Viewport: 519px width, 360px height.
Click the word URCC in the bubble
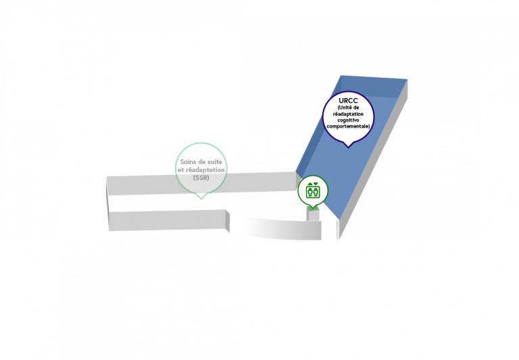[348, 101]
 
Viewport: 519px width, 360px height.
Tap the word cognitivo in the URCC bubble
[348, 120]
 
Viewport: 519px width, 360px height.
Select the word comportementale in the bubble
[347, 126]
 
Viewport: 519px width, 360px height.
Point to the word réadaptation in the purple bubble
[348, 114]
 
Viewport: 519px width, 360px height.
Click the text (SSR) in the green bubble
[201, 178]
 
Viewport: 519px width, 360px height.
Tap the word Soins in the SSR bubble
[188, 162]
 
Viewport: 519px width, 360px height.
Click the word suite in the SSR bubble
[214, 162]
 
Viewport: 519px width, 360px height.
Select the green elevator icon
[313, 191]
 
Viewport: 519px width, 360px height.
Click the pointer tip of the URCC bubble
[348, 147]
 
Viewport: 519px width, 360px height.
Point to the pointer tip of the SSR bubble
[201, 199]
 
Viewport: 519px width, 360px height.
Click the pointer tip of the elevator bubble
[313, 208]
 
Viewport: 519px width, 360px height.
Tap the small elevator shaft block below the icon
[313, 213]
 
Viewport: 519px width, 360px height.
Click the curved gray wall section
[285, 228]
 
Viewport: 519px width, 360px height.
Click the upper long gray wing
[201, 183]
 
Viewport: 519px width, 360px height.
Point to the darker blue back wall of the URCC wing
[374, 87]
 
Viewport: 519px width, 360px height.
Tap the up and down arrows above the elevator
[313, 184]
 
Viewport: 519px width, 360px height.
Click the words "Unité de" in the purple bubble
[348, 107]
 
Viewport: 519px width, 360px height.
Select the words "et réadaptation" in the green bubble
[201, 170]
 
